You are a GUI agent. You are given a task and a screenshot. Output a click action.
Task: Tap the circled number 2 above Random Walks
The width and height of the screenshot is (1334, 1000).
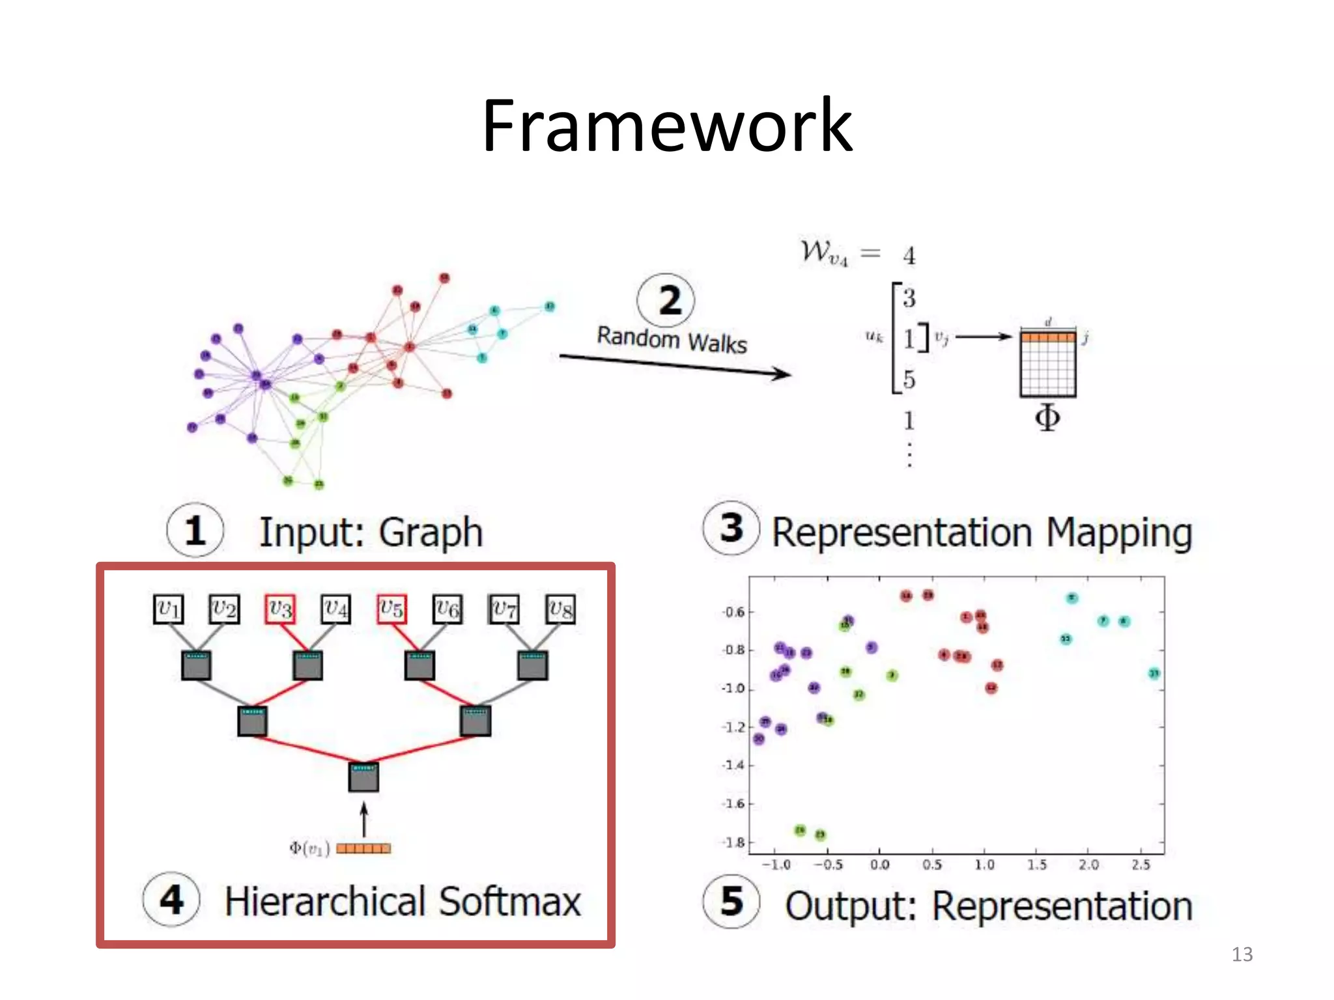click(666, 301)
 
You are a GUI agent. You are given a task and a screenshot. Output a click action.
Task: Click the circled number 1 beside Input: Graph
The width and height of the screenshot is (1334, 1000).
click(195, 530)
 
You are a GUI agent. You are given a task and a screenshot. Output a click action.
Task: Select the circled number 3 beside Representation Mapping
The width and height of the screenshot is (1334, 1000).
click(731, 528)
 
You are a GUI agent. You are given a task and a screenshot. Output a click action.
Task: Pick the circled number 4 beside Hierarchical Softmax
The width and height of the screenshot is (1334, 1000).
click(171, 900)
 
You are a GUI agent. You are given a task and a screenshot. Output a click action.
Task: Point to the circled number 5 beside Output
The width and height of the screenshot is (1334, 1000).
click(731, 902)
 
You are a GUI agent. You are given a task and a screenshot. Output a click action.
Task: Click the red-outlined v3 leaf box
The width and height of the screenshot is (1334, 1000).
click(280, 609)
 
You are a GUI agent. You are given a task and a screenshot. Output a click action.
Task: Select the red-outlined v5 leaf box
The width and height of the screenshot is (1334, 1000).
click(391, 609)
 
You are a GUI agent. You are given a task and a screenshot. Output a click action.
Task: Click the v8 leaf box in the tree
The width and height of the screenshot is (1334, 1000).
click(560, 609)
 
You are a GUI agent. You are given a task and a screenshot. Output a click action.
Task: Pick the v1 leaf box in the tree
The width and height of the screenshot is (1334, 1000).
click(168, 609)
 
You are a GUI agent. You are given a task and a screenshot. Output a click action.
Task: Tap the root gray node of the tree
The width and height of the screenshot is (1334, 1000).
click(363, 777)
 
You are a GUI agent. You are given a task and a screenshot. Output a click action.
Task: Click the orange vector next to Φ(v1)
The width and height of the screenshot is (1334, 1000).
click(363, 848)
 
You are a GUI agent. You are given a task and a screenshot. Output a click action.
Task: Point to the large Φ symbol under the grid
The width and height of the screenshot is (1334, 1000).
click(1047, 417)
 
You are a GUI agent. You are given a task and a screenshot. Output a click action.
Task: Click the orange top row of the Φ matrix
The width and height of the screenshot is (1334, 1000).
click(1047, 337)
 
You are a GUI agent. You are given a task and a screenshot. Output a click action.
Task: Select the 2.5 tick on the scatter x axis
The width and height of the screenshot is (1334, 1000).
click(1141, 865)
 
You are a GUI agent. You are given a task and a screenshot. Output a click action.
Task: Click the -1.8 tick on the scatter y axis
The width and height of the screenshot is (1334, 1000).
click(734, 842)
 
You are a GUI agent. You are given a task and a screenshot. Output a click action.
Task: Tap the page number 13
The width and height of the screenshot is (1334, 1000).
click(1242, 954)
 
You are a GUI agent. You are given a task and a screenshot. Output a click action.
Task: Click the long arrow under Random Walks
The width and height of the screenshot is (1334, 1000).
click(674, 365)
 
